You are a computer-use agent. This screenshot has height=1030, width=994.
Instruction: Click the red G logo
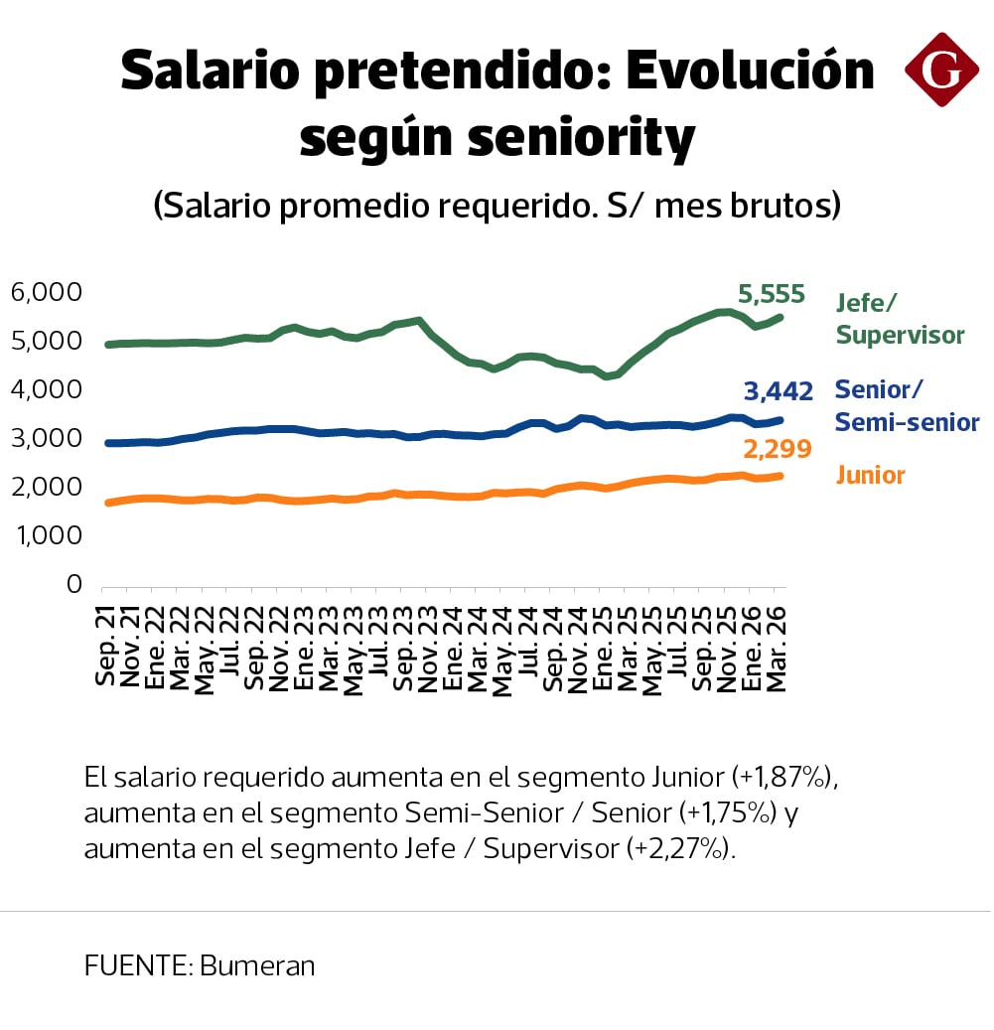[941, 70]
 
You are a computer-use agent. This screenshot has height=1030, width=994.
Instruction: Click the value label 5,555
[771, 294]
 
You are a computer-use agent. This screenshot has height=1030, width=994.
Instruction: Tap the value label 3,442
[777, 391]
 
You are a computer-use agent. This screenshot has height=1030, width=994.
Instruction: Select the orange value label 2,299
[777, 450]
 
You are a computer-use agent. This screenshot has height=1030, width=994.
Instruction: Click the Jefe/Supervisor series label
[900, 318]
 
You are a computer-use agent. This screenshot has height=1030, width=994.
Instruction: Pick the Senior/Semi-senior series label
[907, 406]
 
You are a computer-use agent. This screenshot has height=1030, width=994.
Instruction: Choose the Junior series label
[871, 476]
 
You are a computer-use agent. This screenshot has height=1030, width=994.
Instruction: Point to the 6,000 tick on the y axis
[45, 292]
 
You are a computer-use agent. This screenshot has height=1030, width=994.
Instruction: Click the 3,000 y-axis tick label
[45, 438]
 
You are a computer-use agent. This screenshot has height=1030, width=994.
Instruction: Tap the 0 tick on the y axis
[73, 584]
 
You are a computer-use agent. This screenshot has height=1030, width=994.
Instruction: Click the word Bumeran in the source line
[257, 965]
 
